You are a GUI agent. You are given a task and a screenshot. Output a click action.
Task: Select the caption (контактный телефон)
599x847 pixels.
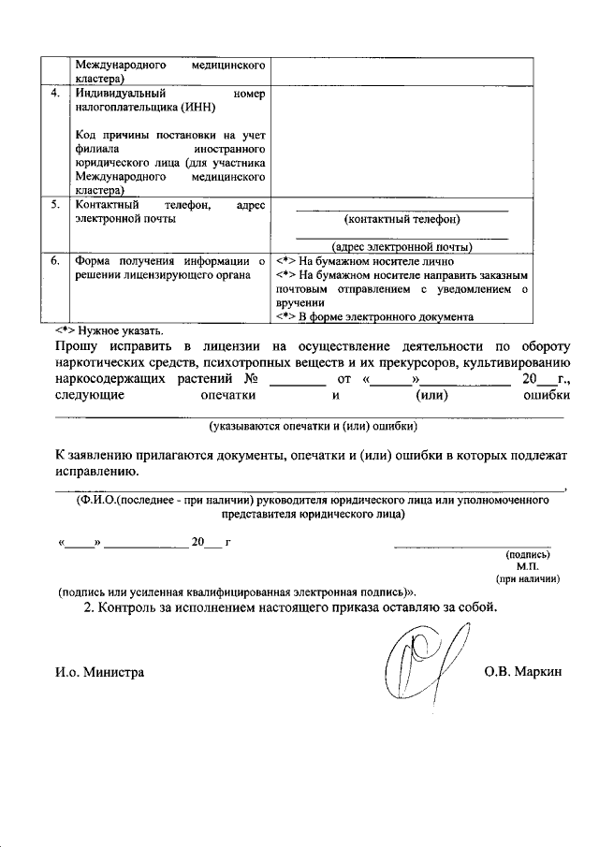(x=402, y=219)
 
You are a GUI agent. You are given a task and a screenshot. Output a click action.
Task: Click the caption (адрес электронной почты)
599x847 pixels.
(x=402, y=247)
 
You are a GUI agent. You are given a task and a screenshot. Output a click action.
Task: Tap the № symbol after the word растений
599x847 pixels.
(x=251, y=381)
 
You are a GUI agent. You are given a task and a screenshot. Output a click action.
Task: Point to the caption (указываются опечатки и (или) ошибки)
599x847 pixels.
(x=313, y=425)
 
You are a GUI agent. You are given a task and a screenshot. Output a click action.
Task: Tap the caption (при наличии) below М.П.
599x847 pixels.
(x=528, y=579)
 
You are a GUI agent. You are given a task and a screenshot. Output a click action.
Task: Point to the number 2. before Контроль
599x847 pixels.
(x=90, y=607)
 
